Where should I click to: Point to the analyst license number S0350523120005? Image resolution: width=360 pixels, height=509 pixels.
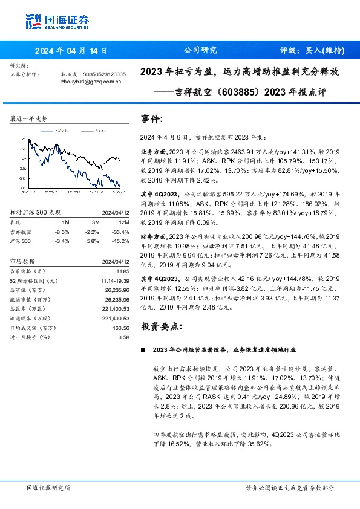(104, 74)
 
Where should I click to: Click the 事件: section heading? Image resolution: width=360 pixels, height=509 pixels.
(152, 119)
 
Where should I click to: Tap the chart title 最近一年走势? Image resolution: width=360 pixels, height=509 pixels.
(29, 119)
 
